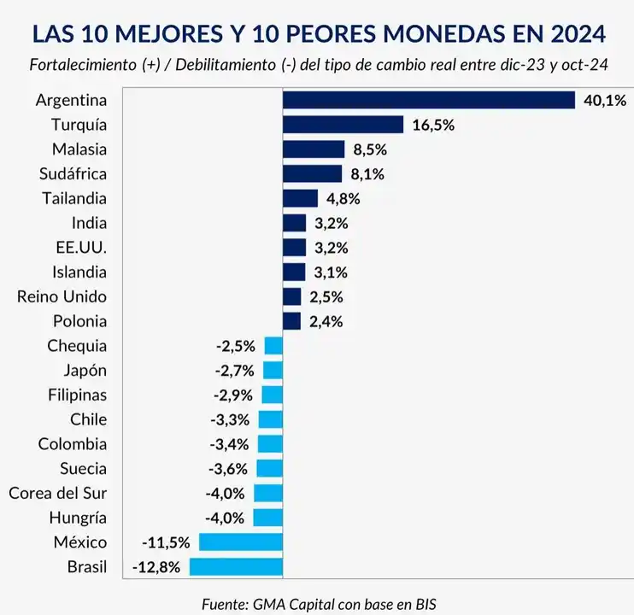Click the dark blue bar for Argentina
[428, 100]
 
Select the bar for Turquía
[343, 125]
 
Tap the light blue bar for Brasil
[236, 566]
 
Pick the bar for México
[240, 542]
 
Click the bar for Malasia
[313, 149]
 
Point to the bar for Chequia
[273, 346]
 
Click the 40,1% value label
[604, 100]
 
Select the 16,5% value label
[432, 125]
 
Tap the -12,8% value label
[156, 566]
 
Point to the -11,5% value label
[167, 542]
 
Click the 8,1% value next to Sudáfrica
[367, 174]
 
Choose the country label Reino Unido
[62, 297]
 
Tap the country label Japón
[85, 371]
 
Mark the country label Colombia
[73, 444]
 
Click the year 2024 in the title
[576, 33]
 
